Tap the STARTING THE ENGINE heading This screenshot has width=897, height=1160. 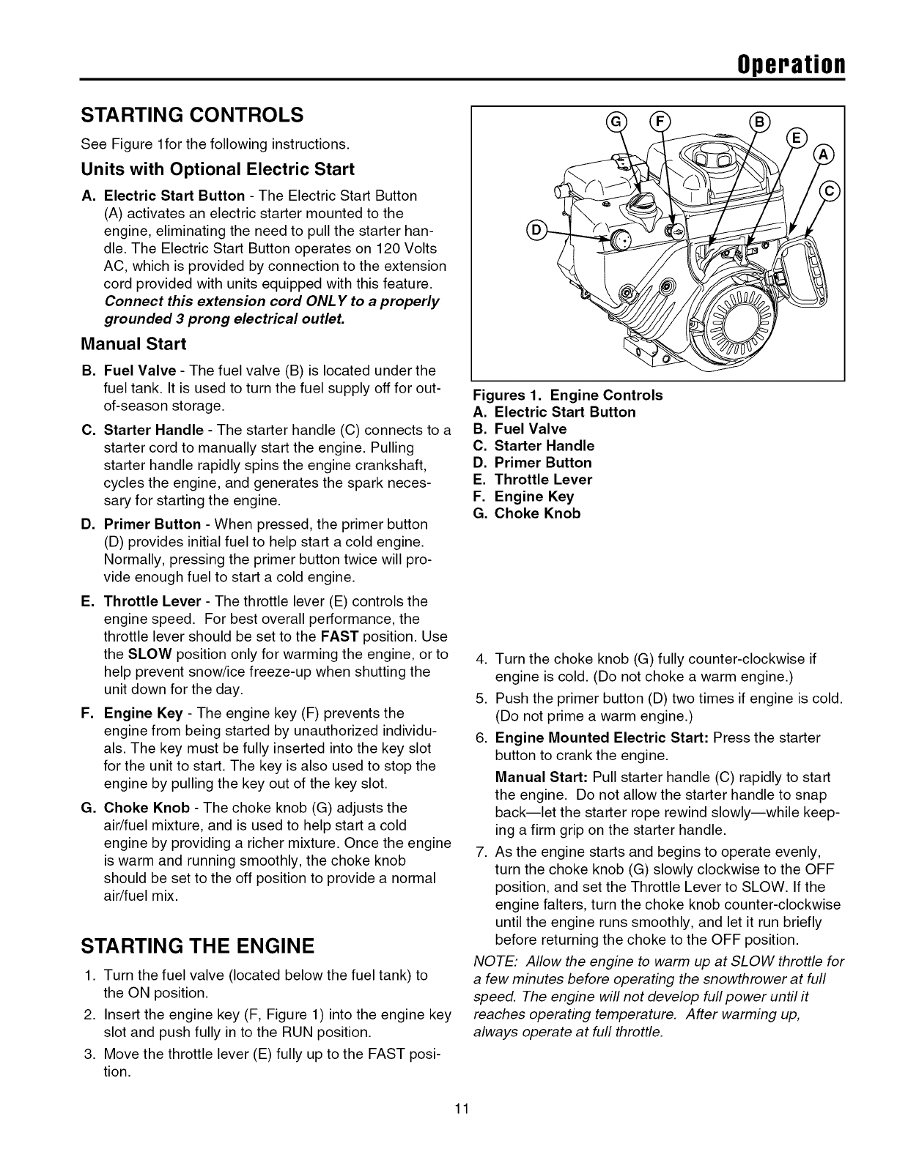click(x=197, y=945)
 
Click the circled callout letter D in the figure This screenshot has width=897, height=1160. click(x=534, y=231)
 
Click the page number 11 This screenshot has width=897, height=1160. click(x=460, y=1128)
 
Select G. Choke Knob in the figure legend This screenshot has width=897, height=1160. click(x=527, y=513)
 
